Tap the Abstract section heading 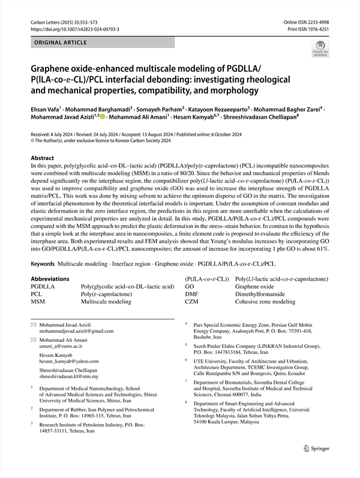[42, 158]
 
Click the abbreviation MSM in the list [38, 302]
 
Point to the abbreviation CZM [193, 302]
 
